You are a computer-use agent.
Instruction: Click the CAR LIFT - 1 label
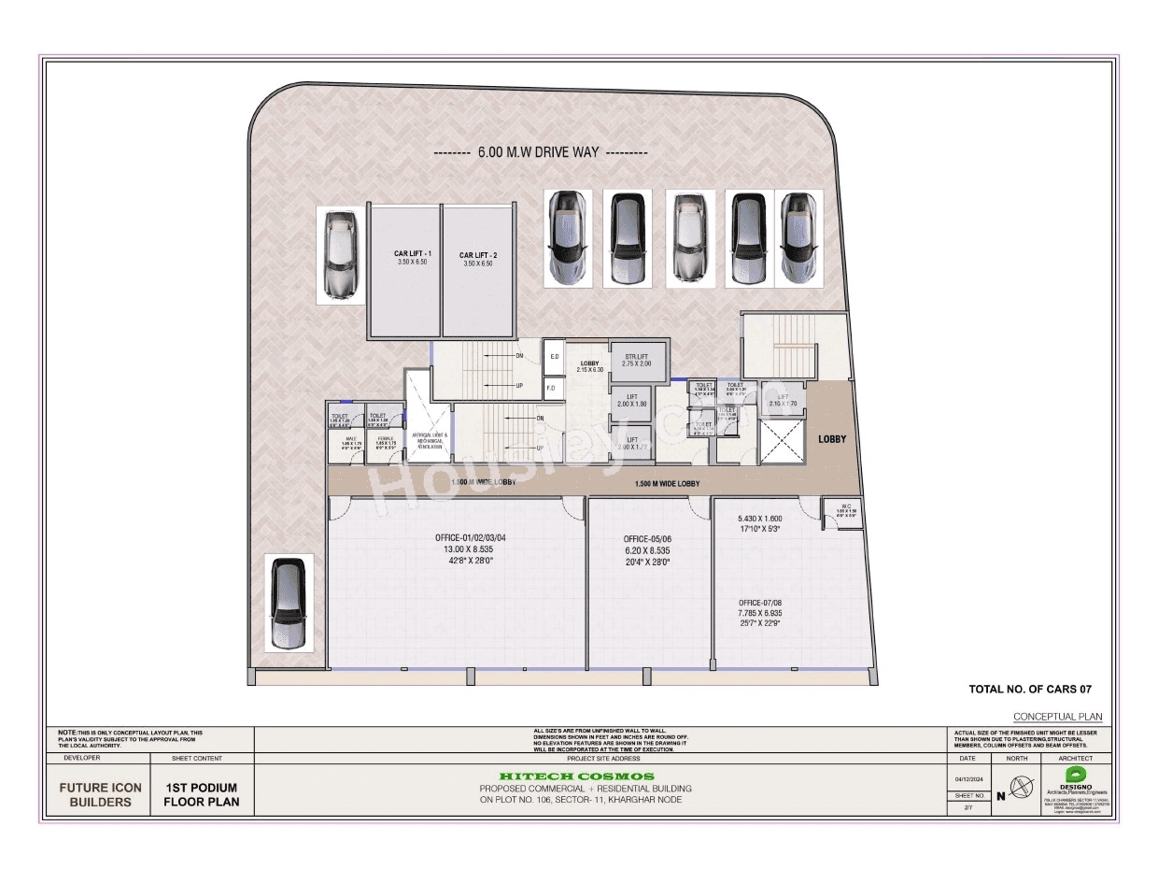[404, 254]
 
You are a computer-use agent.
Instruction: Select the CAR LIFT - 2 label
[477, 255]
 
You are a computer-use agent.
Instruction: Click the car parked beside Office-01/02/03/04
[287, 604]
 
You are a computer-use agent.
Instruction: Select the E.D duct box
[553, 357]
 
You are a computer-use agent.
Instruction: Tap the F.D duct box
[551, 388]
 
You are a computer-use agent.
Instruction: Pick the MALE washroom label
[351, 442]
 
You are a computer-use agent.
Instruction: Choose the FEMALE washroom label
[385, 442]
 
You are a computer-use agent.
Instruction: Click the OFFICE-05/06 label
[647, 539]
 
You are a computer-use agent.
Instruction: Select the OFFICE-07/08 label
[759, 603]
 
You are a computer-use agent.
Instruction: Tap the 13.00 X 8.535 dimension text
[471, 549]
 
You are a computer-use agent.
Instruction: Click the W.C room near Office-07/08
[840, 512]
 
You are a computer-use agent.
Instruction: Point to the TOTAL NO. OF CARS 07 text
[1029, 690]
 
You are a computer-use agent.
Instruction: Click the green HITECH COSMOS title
[576, 776]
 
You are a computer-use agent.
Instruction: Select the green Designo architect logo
[1077, 775]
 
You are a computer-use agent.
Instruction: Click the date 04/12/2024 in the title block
[966, 778]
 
